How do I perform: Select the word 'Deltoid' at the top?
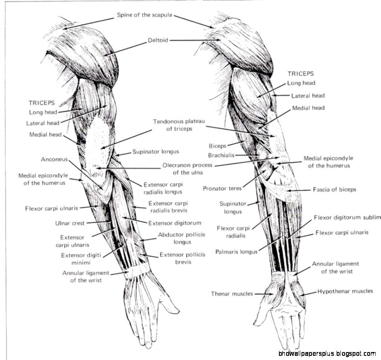click(x=158, y=41)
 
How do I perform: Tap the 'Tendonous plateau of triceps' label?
click(x=172, y=125)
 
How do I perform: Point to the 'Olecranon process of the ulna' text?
click(x=187, y=169)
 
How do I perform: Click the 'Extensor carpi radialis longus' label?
click(x=163, y=188)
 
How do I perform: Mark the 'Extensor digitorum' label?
click(x=175, y=223)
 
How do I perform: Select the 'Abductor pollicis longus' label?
click(x=182, y=238)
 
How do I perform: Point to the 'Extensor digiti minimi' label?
click(x=79, y=259)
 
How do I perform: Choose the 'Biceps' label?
click(x=217, y=146)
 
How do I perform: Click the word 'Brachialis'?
click(x=221, y=155)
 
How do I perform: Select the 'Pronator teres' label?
click(x=222, y=188)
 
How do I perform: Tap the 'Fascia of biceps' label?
click(x=335, y=189)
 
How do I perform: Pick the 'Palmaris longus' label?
click(x=236, y=252)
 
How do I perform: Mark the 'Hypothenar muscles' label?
click(x=345, y=291)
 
